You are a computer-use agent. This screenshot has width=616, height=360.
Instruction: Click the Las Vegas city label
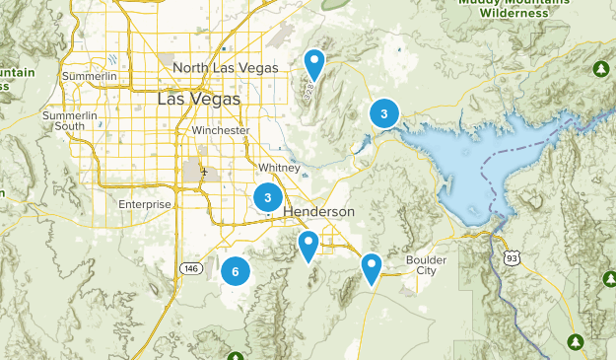pyautogui.click(x=198, y=100)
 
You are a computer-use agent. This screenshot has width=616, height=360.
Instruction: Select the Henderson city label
pyautogui.click(x=318, y=212)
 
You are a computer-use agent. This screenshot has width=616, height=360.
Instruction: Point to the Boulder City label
pyautogui.click(x=426, y=265)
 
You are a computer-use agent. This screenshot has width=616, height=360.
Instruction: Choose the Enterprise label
pyautogui.click(x=145, y=204)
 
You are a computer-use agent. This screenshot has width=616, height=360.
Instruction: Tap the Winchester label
pyautogui.click(x=221, y=130)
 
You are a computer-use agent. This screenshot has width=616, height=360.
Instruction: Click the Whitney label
pyautogui.click(x=280, y=168)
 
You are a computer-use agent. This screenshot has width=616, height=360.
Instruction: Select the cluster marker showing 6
pyautogui.click(x=236, y=269)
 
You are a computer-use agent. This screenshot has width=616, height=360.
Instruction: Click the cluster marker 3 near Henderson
pyautogui.click(x=267, y=198)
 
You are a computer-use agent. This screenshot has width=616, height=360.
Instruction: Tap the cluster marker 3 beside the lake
pyautogui.click(x=383, y=114)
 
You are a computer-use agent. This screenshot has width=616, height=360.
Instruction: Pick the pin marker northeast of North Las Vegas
pyautogui.click(x=314, y=64)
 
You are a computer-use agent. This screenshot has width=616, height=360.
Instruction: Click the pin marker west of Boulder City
pyautogui.click(x=371, y=267)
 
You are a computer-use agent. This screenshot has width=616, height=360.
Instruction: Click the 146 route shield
pyautogui.click(x=191, y=267)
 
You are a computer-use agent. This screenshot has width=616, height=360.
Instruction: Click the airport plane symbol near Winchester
pyautogui.click(x=204, y=171)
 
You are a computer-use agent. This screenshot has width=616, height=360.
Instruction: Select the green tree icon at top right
pyautogui.click(x=600, y=69)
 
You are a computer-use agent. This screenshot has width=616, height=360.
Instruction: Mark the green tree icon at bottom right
pyautogui.click(x=576, y=341)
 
